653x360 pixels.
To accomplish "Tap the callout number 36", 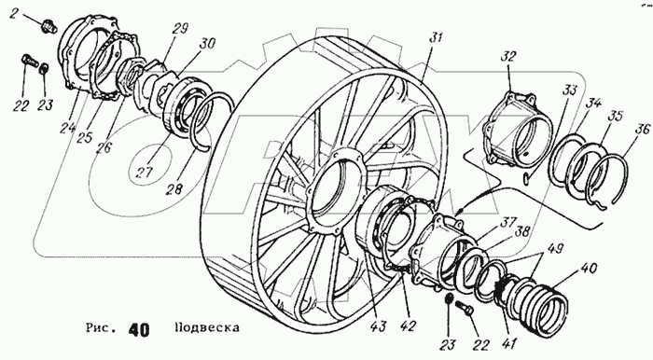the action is point(641,129).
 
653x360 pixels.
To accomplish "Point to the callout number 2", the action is point(15,14).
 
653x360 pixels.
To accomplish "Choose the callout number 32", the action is point(507,56).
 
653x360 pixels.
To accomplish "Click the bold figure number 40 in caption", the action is point(139,329).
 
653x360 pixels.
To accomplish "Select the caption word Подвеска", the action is point(207,327).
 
